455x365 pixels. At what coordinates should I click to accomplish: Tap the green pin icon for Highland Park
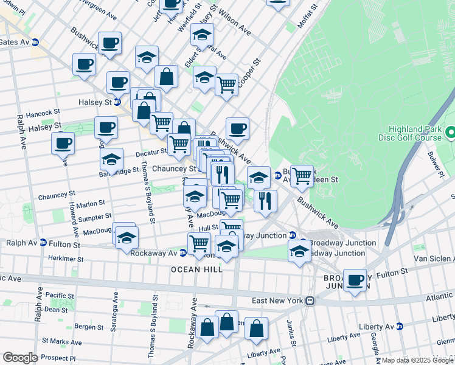(450, 132)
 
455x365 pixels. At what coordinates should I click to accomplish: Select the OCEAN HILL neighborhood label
(196, 269)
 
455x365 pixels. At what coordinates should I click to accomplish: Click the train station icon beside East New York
(310, 301)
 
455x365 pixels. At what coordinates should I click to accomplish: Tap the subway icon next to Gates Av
(35, 43)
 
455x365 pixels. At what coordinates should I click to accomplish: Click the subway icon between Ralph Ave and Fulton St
(43, 243)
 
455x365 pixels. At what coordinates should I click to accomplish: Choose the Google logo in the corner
(20, 357)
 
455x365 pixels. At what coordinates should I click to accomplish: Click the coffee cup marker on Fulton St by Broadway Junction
(355, 280)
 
